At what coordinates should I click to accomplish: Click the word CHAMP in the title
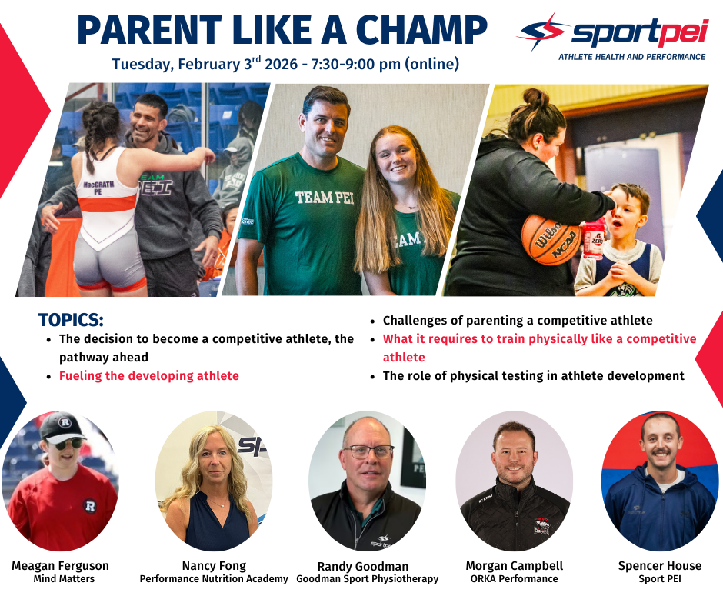[422, 30]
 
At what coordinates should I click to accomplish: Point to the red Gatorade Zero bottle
[594, 239]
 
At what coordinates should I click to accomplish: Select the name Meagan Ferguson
[61, 566]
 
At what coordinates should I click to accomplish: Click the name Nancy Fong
[214, 566]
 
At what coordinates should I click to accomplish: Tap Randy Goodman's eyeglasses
[368, 451]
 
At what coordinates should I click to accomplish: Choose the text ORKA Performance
[514, 579]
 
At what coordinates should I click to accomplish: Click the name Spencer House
[660, 566]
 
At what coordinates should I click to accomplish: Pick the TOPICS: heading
[71, 320]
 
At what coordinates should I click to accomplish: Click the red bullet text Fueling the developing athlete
[149, 376]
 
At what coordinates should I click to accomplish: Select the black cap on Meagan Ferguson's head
[62, 427]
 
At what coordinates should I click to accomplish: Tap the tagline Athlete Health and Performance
[631, 57]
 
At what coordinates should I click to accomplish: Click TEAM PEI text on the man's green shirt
[325, 198]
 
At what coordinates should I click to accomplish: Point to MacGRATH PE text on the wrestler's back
[98, 188]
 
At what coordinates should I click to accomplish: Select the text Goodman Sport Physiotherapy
[368, 579]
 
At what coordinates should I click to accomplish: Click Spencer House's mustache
[660, 452]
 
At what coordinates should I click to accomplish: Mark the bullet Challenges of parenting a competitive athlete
[518, 320]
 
